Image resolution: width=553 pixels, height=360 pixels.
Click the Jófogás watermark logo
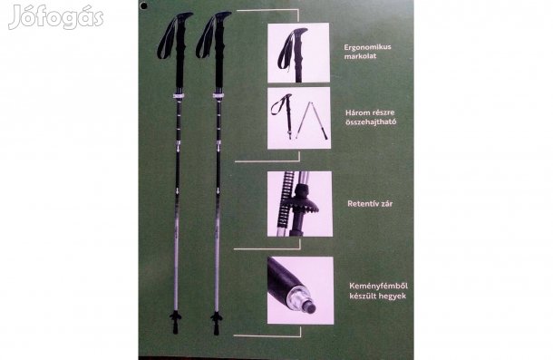point(55,17)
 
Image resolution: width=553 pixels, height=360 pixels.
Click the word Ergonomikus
point(368,47)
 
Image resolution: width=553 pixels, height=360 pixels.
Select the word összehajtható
point(371,122)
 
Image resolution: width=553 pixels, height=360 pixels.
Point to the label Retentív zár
point(370,204)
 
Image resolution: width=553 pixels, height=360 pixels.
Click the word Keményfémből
point(378,286)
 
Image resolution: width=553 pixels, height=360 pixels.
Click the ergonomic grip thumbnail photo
point(298,53)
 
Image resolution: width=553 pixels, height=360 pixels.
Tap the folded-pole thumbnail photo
point(299,118)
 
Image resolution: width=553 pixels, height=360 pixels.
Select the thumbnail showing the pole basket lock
point(299,204)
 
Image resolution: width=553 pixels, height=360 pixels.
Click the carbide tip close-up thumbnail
point(300,290)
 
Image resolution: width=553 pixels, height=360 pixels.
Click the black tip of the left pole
point(176,328)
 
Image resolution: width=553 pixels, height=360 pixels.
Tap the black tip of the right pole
point(216,328)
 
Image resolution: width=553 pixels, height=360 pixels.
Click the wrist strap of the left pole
point(168,38)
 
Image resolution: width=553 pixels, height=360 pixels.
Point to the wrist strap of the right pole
point(206,38)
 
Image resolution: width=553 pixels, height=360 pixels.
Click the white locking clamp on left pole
point(179,96)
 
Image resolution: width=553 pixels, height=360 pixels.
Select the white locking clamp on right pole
point(218,96)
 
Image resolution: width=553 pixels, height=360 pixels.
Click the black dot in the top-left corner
point(143,5)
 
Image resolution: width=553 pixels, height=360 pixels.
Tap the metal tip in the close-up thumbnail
point(306,301)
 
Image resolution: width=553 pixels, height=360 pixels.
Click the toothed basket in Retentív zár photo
point(303,206)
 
